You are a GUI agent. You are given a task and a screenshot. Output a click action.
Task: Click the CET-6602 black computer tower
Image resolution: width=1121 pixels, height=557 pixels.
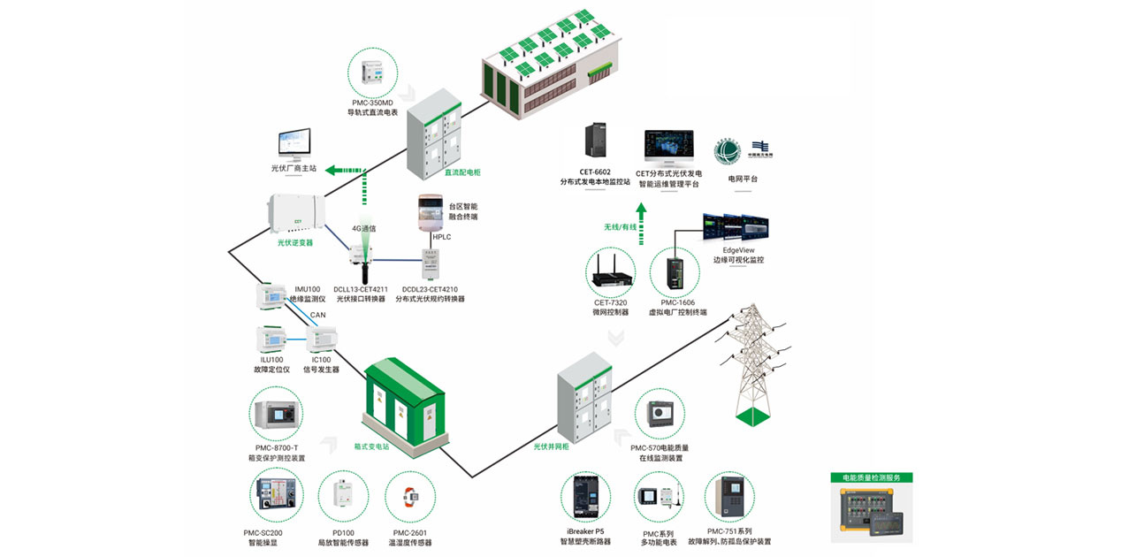click(x=594, y=141)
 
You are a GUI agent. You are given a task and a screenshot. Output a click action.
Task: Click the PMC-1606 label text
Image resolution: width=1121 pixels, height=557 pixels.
click(x=677, y=302)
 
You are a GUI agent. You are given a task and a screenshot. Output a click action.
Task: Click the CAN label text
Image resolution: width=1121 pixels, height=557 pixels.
click(x=318, y=315)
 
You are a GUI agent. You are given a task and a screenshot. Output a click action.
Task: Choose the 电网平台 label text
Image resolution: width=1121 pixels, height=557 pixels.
click(x=743, y=179)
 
